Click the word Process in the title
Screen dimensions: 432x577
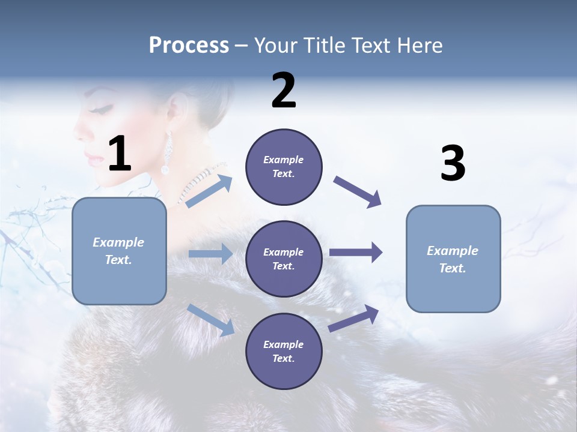click(x=189, y=46)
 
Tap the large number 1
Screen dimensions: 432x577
click(x=120, y=154)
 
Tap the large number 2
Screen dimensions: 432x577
click(x=284, y=91)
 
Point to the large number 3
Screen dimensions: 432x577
click(x=453, y=163)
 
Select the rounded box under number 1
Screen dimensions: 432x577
click(x=119, y=251)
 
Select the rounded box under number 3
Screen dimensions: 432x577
click(x=453, y=259)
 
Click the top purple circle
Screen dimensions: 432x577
click(x=284, y=167)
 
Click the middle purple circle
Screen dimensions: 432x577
click(x=284, y=259)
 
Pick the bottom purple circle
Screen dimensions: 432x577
click(x=284, y=351)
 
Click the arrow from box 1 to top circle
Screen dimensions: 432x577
click(x=209, y=191)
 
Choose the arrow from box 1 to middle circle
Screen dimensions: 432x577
click(x=210, y=254)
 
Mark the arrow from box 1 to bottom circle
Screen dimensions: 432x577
click(x=210, y=319)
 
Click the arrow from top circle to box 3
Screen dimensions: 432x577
click(x=357, y=192)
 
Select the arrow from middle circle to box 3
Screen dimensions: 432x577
click(x=356, y=252)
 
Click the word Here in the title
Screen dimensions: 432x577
click(x=419, y=46)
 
